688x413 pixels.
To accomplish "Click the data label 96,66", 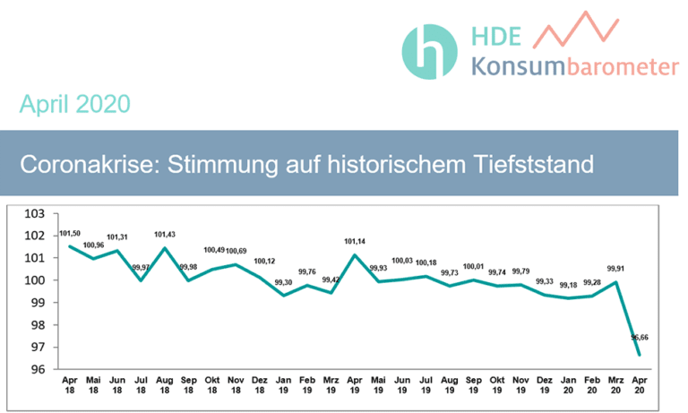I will point(640,338).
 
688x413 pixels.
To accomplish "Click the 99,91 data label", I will point(615,268).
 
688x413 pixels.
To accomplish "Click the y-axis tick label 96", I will point(37,369).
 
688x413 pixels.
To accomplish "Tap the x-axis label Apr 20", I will point(640,385).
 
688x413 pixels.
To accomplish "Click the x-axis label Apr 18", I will point(70,385).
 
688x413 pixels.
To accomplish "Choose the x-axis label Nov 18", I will point(236,385).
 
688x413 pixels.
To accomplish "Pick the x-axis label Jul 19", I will point(426,385).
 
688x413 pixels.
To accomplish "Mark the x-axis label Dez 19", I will point(545,385).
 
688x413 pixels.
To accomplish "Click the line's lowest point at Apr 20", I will point(640,355).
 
